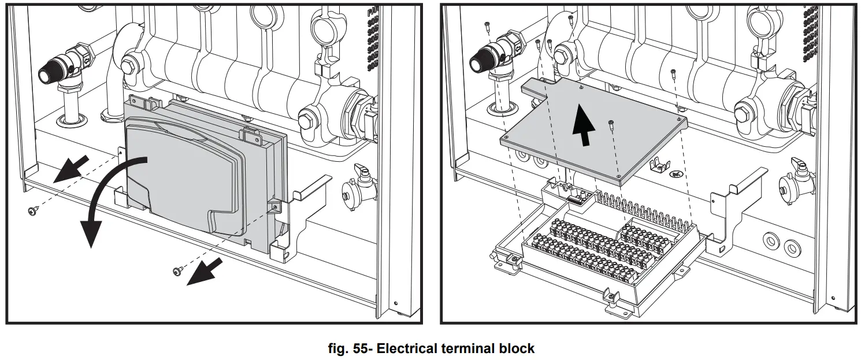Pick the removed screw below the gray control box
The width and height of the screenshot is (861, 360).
(x=177, y=270)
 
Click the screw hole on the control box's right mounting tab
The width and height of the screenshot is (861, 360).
(x=274, y=206)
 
